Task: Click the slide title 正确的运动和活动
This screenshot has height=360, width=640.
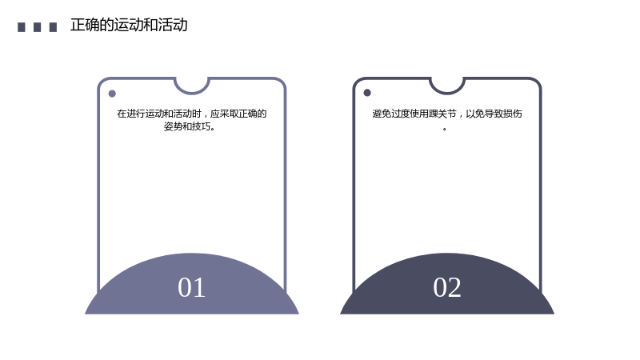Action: point(129,26)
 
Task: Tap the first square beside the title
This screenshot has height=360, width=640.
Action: point(22,27)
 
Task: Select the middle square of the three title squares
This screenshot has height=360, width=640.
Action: point(37,27)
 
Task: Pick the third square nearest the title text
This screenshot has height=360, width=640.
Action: point(53,27)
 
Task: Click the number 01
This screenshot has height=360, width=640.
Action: point(191,287)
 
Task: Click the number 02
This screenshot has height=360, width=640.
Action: point(447,287)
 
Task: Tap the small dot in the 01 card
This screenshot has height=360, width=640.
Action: point(112,94)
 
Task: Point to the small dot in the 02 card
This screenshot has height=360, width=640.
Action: point(367,93)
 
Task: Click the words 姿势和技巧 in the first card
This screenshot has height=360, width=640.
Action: point(187,126)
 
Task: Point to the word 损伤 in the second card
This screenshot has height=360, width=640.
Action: point(513,114)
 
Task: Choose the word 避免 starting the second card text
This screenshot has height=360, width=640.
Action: point(382,114)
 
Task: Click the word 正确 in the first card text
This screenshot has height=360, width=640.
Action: point(248,114)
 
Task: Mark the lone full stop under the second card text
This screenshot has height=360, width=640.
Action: point(445,129)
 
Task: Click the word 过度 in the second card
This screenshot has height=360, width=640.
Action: point(401,114)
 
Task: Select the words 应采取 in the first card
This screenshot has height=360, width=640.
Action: point(224,114)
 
